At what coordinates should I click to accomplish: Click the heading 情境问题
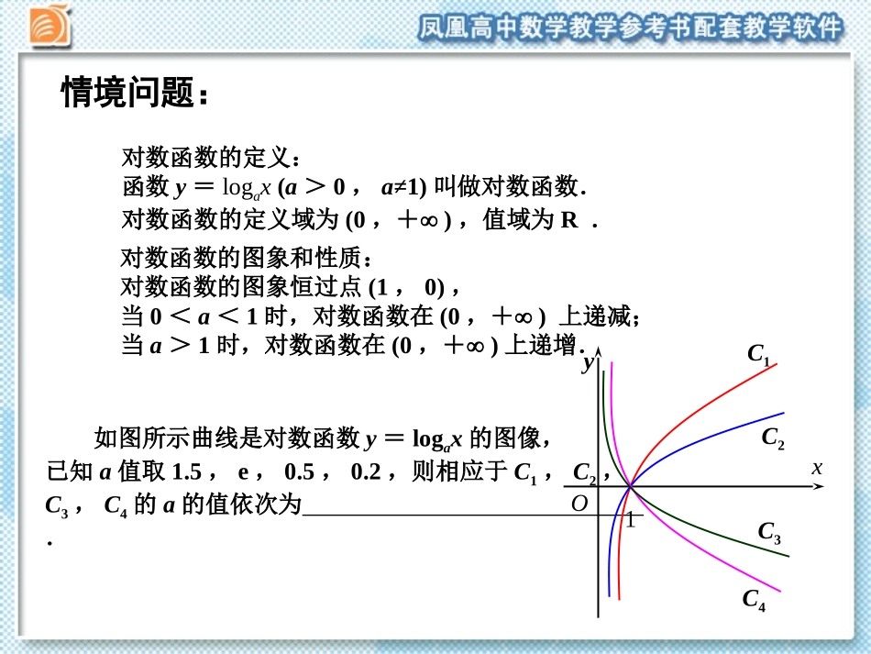pyautogui.click(x=135, y=93)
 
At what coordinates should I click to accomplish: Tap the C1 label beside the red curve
pyautogui.click(x=758, y=354)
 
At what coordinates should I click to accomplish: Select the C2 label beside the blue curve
pyautogui.click(x=773, y=438)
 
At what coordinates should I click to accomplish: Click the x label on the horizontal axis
pyautogui.click(x=816, y=468)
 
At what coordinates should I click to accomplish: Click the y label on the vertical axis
pyautogui.click(x=588, y=364)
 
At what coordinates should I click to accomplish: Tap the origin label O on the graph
pyautogui.click(x=579, y=504)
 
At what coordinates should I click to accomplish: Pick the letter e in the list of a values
pyautogui.click(x=244, y=473)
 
